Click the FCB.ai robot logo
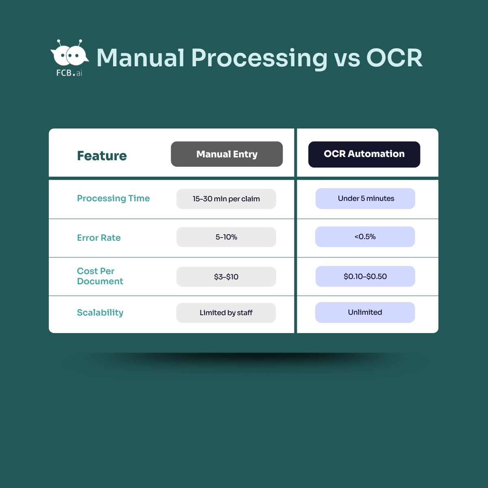(70, 57)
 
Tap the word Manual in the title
(140, 58)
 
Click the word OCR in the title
(394, 58)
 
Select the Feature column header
(102, 156)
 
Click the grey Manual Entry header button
(227, 154)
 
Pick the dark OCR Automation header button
(364, 154)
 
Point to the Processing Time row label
(113, 198)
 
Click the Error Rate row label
(99, 238)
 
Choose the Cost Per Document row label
(100, 276)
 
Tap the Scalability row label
(100, 313)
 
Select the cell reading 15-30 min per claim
(226, 199)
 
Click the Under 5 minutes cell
(365, 198)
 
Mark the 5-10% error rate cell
(226, 237)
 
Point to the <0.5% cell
(365, 237)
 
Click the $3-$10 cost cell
(226, 277)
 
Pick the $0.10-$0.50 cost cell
(365, 277)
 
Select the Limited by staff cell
(226, 313)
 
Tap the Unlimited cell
(365, 312)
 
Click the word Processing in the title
(259, 58)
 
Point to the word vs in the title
(347, 58)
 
